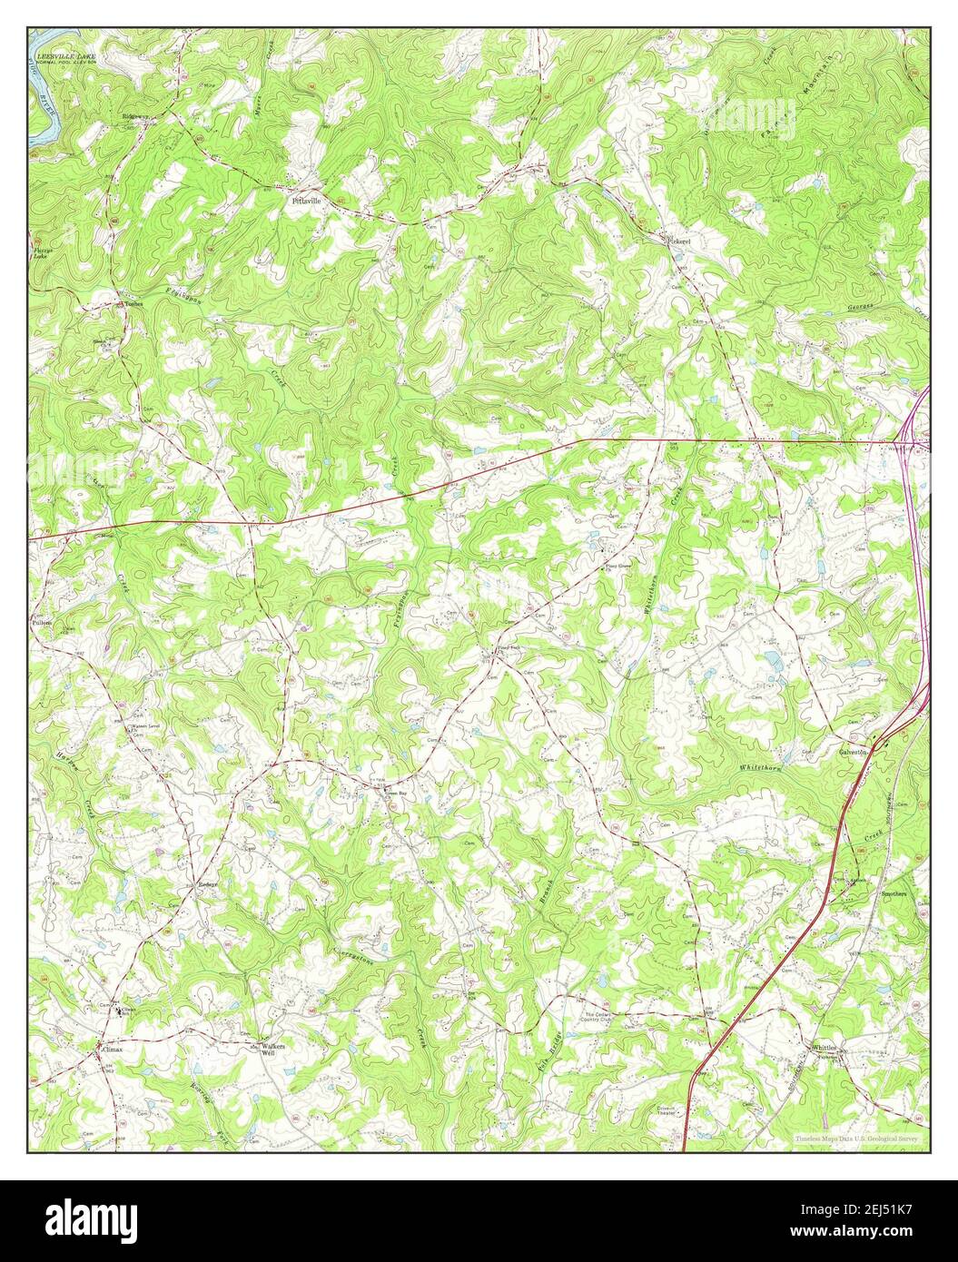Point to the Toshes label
coord(134,303)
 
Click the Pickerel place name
coord(680,241)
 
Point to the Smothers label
coord(894,893)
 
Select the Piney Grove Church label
coord(617,574)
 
